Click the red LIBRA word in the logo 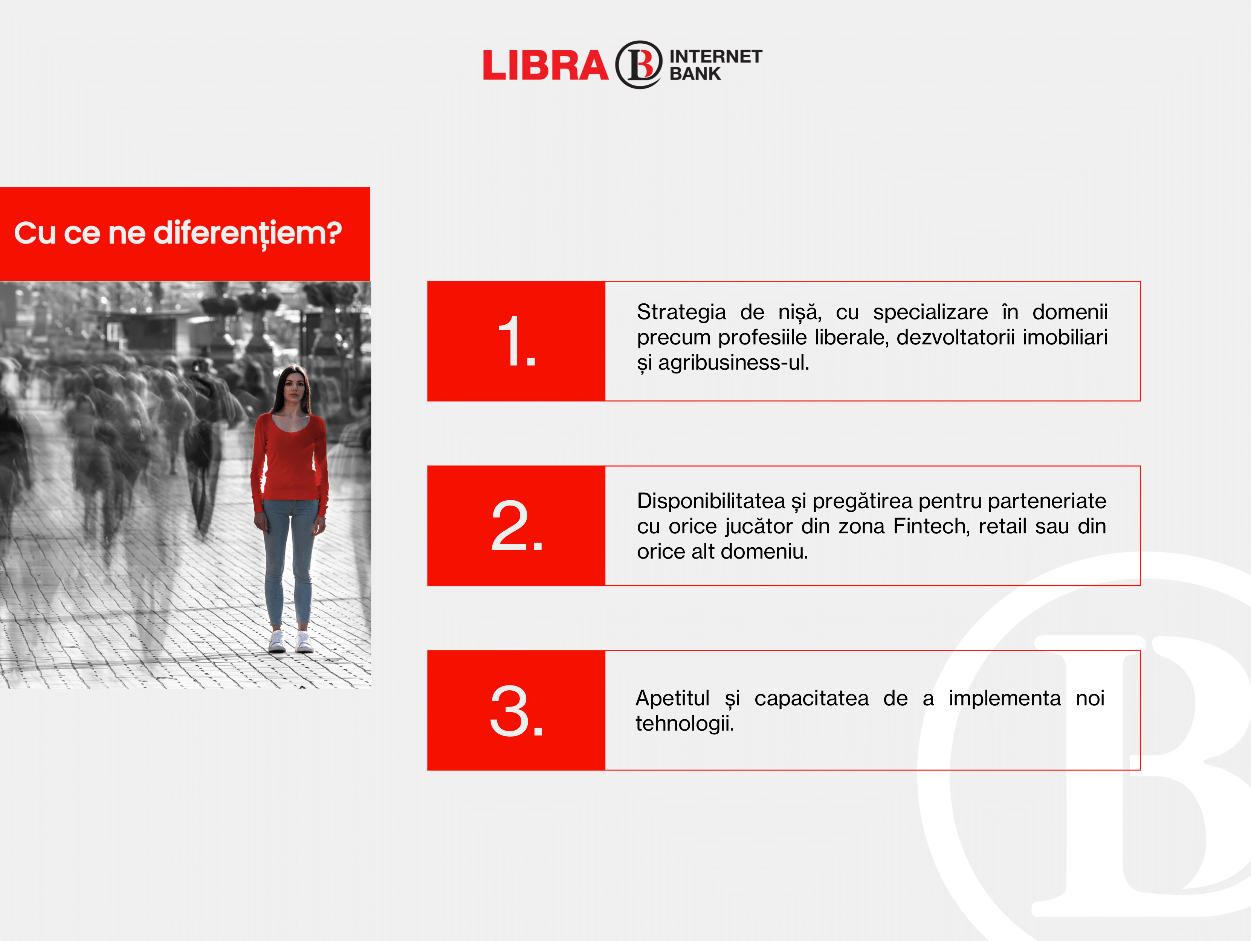tap(545, 65)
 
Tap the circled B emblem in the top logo tap(638, 64)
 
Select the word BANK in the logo tap(695, 73)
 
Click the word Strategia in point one tap(681, 312)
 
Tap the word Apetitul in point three tap(672, 699)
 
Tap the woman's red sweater tap(290, 458)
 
